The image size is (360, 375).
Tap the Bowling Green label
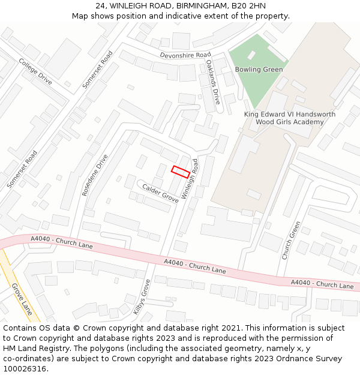tap(259, 70)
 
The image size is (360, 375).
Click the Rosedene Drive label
tap(95, 175)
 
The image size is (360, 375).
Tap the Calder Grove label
tap(160, 193)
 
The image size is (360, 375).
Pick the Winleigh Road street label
tap(190, 179)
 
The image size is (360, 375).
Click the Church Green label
tap(291, 240)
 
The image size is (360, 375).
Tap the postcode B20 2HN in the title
tap(248, 6)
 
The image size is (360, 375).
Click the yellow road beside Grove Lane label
tap(7, 270)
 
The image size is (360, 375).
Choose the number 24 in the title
tap(100, 6)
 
